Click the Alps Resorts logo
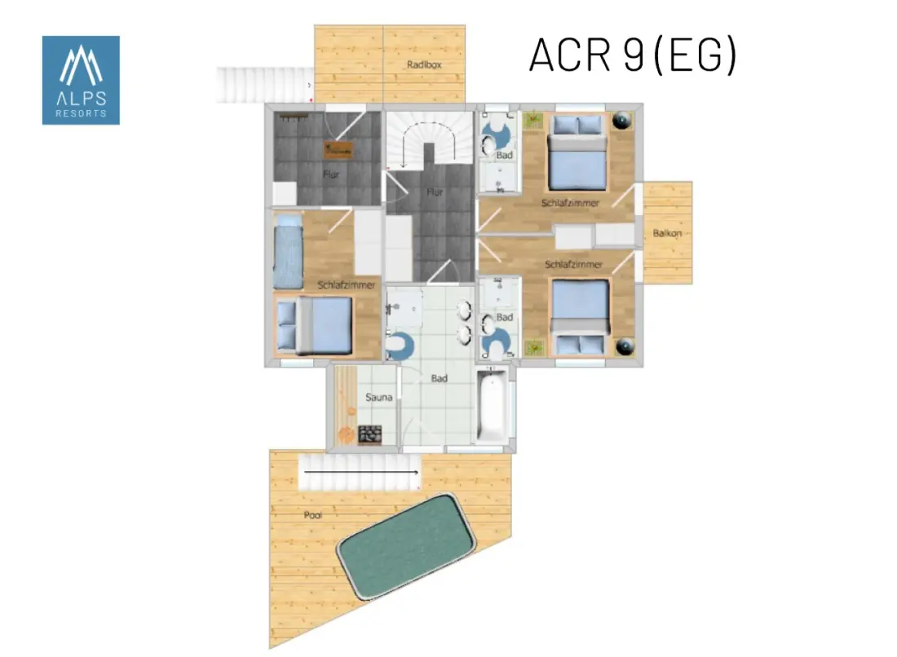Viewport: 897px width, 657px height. (81, 80)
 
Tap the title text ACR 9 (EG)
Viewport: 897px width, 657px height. (633, 55)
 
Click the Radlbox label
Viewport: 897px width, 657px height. (425, 64)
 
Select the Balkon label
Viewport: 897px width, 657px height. (667, 233)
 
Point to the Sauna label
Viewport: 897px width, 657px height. (378, 397)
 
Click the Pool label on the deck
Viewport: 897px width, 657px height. (312, 514)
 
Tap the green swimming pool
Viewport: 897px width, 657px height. (405, 547)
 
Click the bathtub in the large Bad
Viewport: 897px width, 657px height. (492, 406)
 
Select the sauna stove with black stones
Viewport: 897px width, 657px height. (369, 434)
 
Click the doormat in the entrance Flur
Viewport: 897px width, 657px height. (338, 150)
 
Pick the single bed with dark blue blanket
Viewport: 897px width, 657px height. (288, 252)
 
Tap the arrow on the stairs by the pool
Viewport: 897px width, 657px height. (361, 472)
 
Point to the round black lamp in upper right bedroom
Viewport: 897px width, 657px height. (622, 120)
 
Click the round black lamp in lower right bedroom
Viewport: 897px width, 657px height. (624, 346)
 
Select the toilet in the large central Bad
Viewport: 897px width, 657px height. (400, 346)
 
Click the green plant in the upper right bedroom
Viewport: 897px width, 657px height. (534, 120)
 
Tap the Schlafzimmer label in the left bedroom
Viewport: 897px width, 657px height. (346, 284)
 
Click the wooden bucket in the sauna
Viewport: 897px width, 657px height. (346, 435)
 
